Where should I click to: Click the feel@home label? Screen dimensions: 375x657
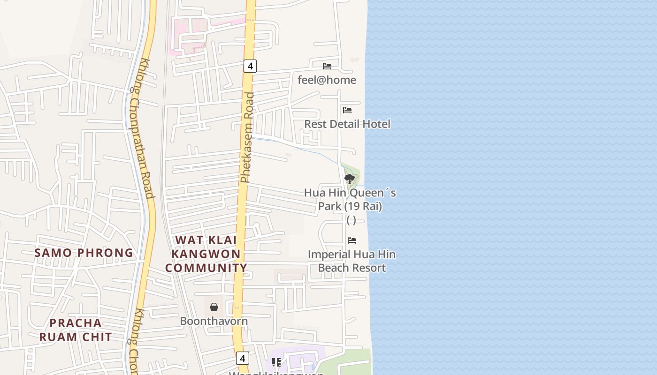[327, 80]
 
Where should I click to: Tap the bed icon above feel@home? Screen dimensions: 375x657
[327, 66]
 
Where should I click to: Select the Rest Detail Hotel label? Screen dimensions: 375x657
[347, 124]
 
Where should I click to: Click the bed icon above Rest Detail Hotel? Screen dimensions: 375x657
[347, 110]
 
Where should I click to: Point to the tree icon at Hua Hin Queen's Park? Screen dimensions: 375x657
[349, 179]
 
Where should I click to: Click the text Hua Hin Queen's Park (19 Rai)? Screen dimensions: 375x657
[350, 199]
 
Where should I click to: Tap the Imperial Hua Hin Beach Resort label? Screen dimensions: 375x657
[351, 261]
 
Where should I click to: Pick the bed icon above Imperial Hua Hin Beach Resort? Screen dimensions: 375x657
[352, 240]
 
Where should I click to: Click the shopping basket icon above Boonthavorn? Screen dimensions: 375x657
[214, 307]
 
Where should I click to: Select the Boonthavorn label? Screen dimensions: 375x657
[214, 322]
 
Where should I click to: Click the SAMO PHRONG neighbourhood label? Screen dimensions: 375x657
[84, 253]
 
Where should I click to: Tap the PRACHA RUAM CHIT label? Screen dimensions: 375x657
[76, 330]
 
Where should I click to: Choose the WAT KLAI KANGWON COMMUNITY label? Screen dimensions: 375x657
[206, 254]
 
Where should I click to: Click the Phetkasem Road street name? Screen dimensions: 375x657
[247, 137]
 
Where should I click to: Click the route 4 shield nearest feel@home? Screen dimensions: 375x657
[250, 66]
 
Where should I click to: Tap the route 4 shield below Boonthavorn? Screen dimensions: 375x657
[242, 359]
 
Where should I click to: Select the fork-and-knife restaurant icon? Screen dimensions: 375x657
[276, 362]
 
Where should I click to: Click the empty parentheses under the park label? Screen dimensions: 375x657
[351, 220]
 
